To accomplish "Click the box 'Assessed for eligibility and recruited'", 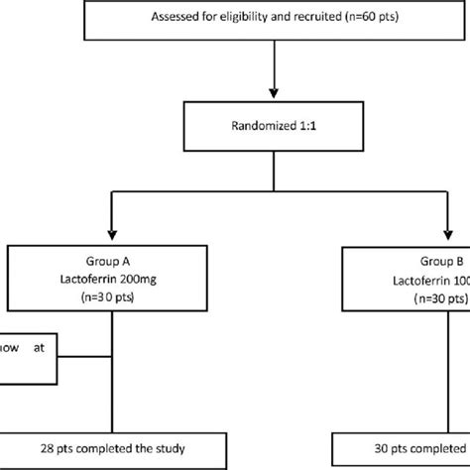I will tap(270, 17).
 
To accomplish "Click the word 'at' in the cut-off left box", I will tap(46, 349).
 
